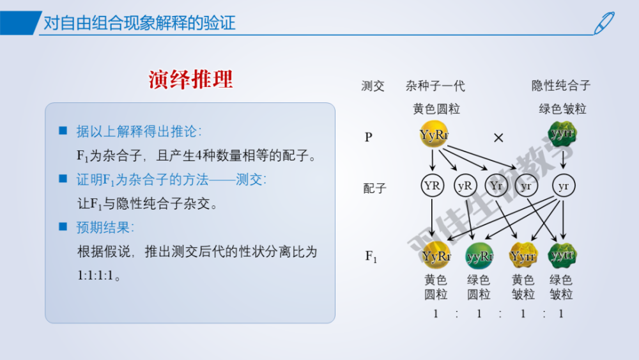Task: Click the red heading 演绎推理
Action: pyautogui.click(x=190, y=79)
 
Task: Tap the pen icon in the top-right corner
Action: pyautogui.click(x=603, y=22)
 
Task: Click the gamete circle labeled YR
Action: pyautogui.click(x=433, y=186)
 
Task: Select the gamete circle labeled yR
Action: pyautogui.click(x=465, y=186)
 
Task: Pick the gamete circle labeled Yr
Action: pyautogui.click(x=497, y=186)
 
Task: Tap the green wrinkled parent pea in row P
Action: pyautogui.click(x=562, y=134)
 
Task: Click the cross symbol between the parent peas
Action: pyautogui.click(x=498, y=137)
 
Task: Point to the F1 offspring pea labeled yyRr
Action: pyautogui.click(x=479, y=256)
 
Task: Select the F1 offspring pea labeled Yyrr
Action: pyautogui.click(x=523, y=256)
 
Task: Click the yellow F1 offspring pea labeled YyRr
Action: pyautogui.click(x=436, y=256)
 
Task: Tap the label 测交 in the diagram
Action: pyautogui.click(x=373, y=86)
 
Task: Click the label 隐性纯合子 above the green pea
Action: pyautogui.click(x=562, y=86)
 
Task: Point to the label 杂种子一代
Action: pyautogui.click(x=435, y=86)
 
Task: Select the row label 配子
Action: pyautogui.click(x=374, y=189)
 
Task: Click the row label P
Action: pyautogui.click(x=368, y=137)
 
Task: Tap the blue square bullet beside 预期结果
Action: pyautogui.click(x=63, y=227)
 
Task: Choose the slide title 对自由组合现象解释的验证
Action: pyautogui.click(x=139, y=24)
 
